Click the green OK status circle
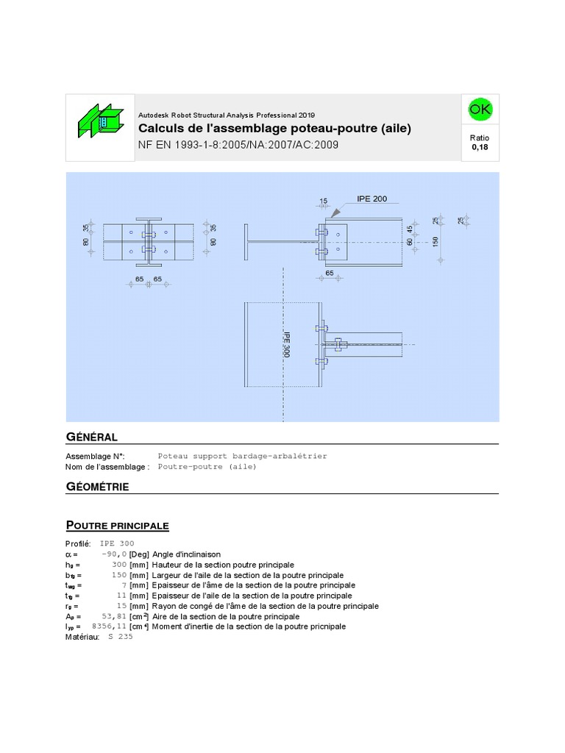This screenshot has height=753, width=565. point(480,109)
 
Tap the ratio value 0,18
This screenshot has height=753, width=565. point(480,147)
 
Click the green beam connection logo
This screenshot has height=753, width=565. point(100,121)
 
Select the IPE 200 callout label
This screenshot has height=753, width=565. point(372,199)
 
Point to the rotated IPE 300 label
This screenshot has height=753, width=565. point(286,345)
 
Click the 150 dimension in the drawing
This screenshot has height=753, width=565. point(436,241)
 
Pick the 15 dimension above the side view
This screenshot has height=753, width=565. point(324,201)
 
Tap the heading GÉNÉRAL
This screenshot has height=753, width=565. point(92,437)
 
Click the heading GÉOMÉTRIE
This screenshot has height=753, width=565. point(98,487)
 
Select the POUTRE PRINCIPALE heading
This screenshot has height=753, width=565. point(117,525)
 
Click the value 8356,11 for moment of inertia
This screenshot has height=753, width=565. point(109,627)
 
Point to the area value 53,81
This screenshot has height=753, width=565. point(114,616)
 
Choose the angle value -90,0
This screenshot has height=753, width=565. point(114,554)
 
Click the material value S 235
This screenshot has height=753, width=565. point(121,636)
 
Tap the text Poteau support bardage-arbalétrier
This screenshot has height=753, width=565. point(242,456)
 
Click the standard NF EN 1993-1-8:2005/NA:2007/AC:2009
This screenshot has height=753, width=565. point(238,145)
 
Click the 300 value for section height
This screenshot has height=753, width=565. point(119,565)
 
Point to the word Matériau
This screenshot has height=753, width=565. point(82,637)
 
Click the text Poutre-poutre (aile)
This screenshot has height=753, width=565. point(207,467)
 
